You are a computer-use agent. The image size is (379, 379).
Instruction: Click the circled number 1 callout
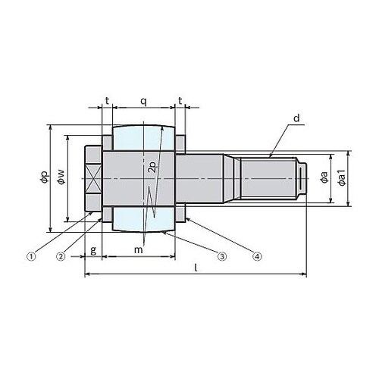(31, 257)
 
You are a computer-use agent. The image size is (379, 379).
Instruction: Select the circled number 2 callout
(61, 257)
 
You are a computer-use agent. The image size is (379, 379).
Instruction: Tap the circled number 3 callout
(221, 257)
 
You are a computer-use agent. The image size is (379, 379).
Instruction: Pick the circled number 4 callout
(257, 257)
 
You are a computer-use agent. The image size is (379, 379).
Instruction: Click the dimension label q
(143, 102)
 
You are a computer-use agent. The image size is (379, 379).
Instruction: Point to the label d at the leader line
(296, 118)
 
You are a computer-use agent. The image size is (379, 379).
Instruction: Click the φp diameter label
(45, 177)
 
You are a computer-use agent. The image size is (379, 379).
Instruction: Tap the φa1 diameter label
(342, 178)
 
